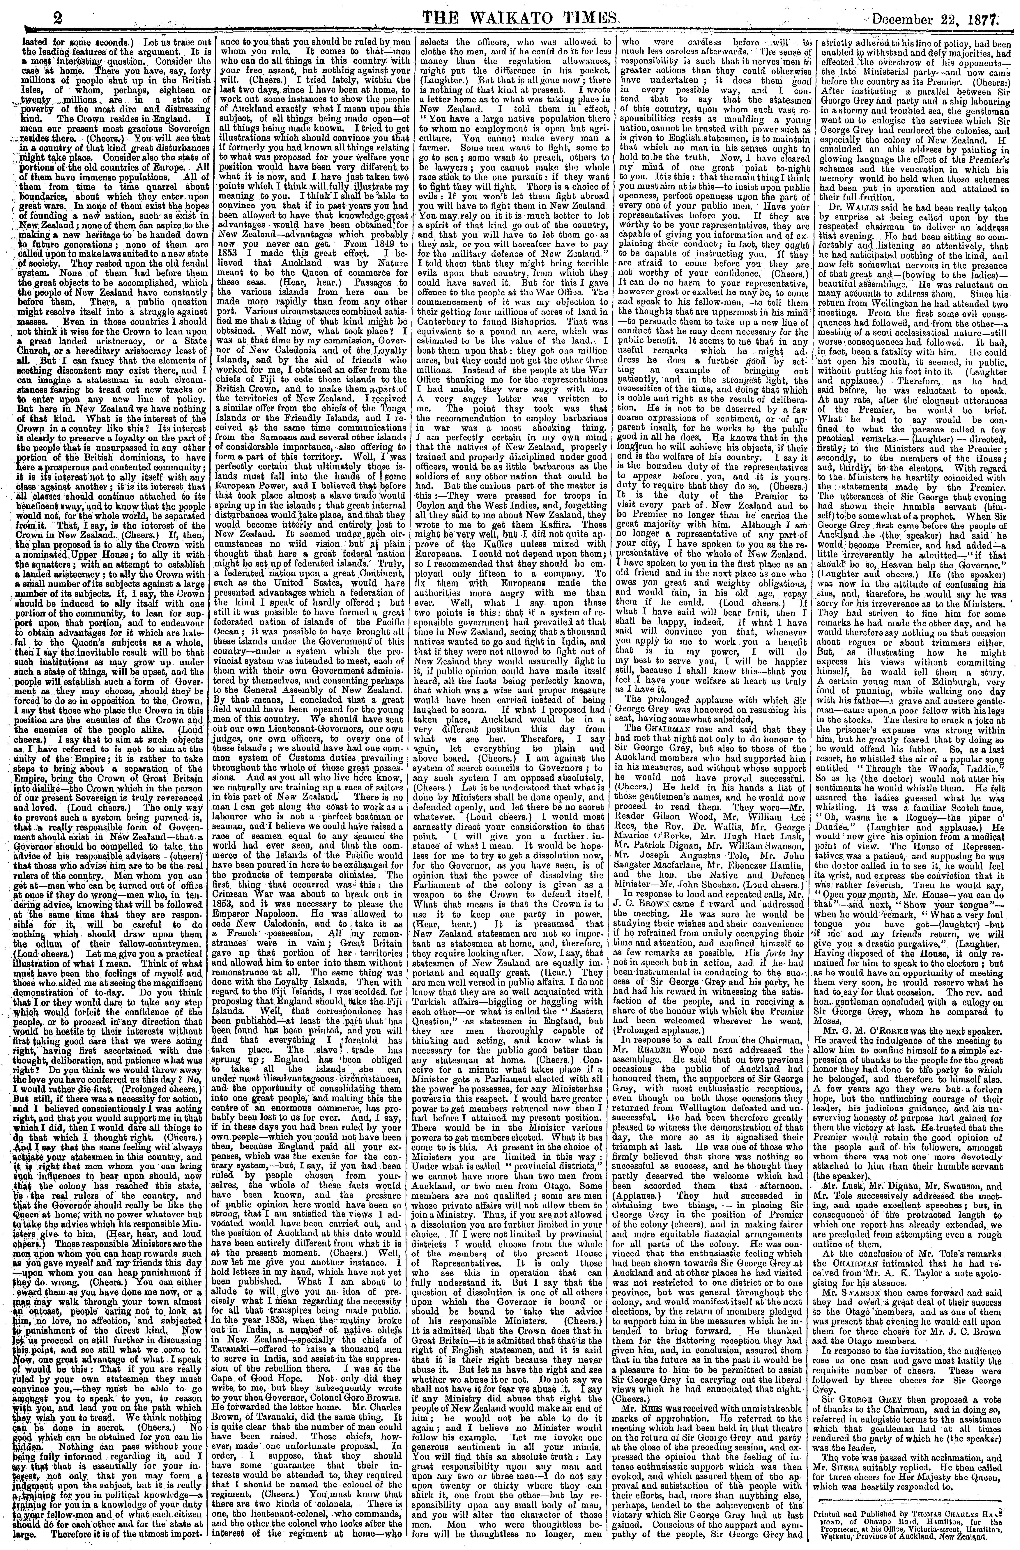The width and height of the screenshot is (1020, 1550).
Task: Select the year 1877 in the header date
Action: click(x=993, y=14)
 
